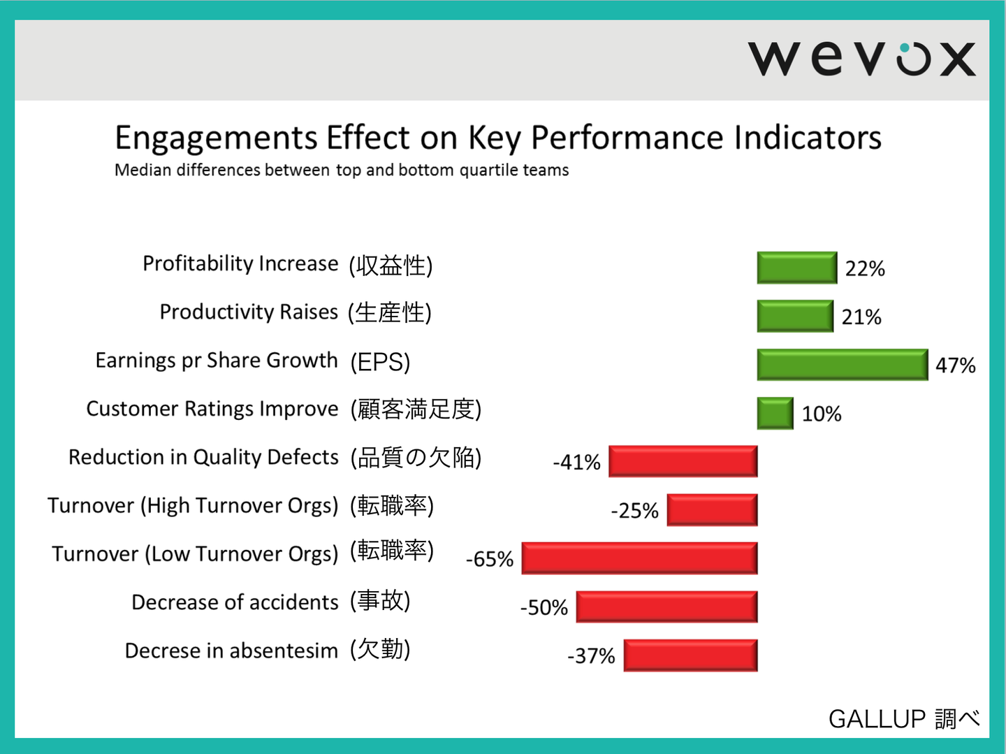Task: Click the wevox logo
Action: click(861, 58)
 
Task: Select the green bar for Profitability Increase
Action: click(796, 268)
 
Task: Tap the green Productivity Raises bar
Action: click(795, 316)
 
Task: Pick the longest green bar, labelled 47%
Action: click(843, 365)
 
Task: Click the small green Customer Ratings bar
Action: click(775, 413)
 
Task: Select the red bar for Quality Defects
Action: click(683, 461)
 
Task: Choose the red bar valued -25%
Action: click(712, 510)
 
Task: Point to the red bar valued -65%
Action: click(639, 558)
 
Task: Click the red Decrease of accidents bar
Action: click(666, 607)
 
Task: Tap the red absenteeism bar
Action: click(690, 655)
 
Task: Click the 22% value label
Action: click(865, 268)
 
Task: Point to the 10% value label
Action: click(821, 414)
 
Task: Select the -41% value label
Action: click(576, 462)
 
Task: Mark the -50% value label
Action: click(544, 607)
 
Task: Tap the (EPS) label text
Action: click(380, 362)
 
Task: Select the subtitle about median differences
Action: click(342, 170)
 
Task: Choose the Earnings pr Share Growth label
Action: click(217, 361)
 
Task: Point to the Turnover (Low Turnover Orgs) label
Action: click(195, 554)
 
